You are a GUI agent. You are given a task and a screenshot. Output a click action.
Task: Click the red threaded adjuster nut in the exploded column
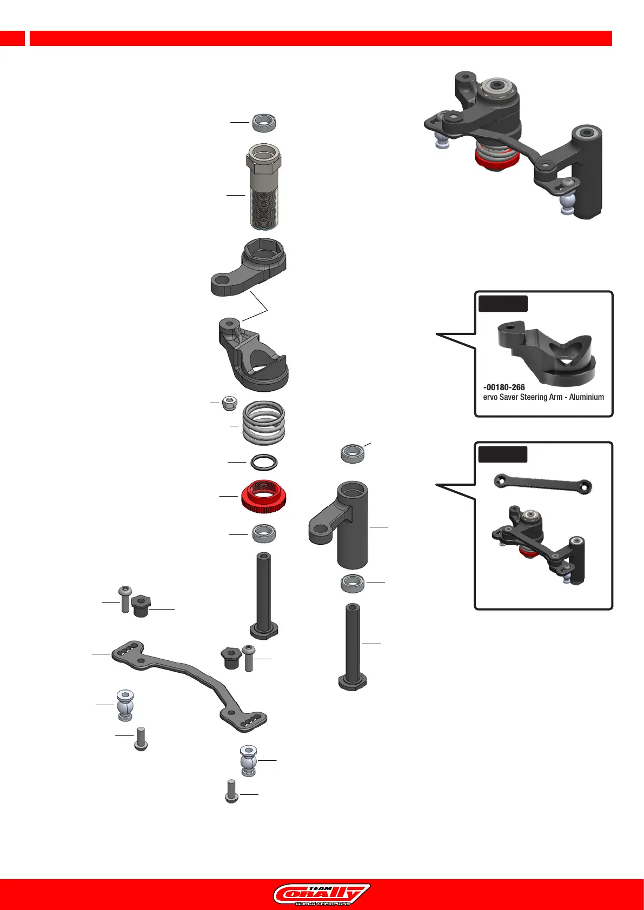pyautogui.click(x=264, y=496)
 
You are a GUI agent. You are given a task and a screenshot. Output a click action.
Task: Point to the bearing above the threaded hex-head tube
pyautogui.click(x=264, y=123)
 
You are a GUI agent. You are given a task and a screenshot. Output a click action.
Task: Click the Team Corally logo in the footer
pyautogui.click(x=322, y=894)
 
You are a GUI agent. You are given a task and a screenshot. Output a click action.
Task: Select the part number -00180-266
pyautogui.click(x=504, y=387)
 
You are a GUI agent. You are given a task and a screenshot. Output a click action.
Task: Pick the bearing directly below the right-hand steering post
pyautogui.click(x=353, y=584)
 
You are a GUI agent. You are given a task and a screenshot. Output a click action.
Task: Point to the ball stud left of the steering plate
pyautogui.click(x=125, y=705)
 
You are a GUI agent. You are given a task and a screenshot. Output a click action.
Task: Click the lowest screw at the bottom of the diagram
pyautogui.click(x=231, y=792)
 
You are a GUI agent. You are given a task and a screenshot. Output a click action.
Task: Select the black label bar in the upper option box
pyautogui.click(x=503, y=304)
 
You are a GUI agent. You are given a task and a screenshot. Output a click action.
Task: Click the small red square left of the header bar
pyautogui.click(x=12, y=38)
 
